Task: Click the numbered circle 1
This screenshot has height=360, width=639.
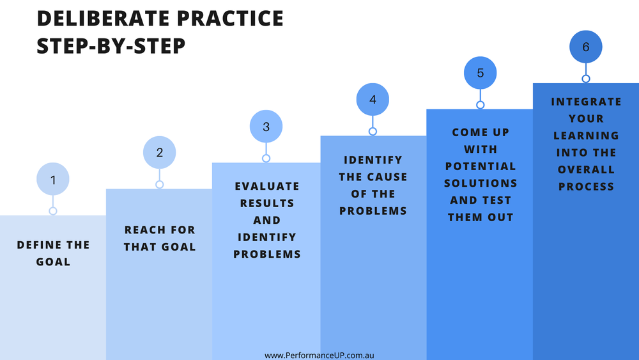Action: coord(53,180)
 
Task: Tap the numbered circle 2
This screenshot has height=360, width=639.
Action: coord(160,153)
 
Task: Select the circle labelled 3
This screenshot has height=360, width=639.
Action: coord(266,127)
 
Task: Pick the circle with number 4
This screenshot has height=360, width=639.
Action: coord(373,100)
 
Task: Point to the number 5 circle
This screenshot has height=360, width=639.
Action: coord(481,73)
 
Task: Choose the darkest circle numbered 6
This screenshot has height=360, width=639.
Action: coord(586,47)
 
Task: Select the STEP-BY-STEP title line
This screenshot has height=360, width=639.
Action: coord(112,46)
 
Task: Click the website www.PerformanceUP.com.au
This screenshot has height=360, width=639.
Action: coord(323,354)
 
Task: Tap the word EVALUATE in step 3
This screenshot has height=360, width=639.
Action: coord(266,186)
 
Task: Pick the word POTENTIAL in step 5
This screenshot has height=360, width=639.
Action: coord(481,166)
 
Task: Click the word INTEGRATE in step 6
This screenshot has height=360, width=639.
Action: coord(586,102)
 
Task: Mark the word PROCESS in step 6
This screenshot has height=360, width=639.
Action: coord(586,187)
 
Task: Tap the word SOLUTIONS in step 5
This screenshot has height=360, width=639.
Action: coord(481,184)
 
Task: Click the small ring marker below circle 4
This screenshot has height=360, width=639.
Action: coord(373,131)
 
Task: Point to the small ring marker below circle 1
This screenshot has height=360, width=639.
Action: coord(53,211)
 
